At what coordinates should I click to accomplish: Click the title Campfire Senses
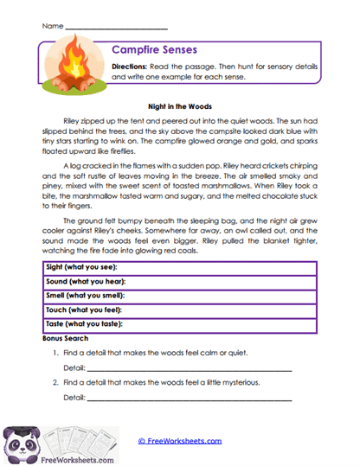[154, 50]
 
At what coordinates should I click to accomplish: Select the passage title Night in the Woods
[180, 106]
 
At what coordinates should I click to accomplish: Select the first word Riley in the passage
[74, 122]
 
